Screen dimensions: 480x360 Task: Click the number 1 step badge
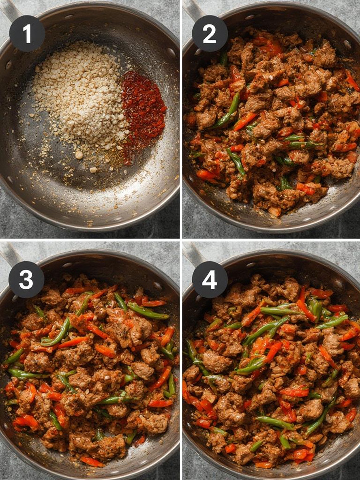pyautogui.click(x=27, y=33)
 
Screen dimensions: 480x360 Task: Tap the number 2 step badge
pyautogui.click(x=210, y=33)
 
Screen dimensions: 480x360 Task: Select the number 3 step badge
pyautogui.click(x=26, y=280)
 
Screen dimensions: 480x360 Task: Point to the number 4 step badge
pyautogui.click(x=210, y=280)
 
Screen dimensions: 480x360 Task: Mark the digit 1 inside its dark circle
pyautogui.click(x=27, y=33)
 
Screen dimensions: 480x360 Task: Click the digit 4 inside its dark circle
pyautogui.click(x=210, y=280)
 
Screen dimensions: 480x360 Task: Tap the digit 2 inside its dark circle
pyautogui.click(x=210, y=33)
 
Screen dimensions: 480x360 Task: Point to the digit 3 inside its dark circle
pyautogui.click(x=26, y=280)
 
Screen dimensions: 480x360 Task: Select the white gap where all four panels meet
pyautogui.click(x=181, y=240)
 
